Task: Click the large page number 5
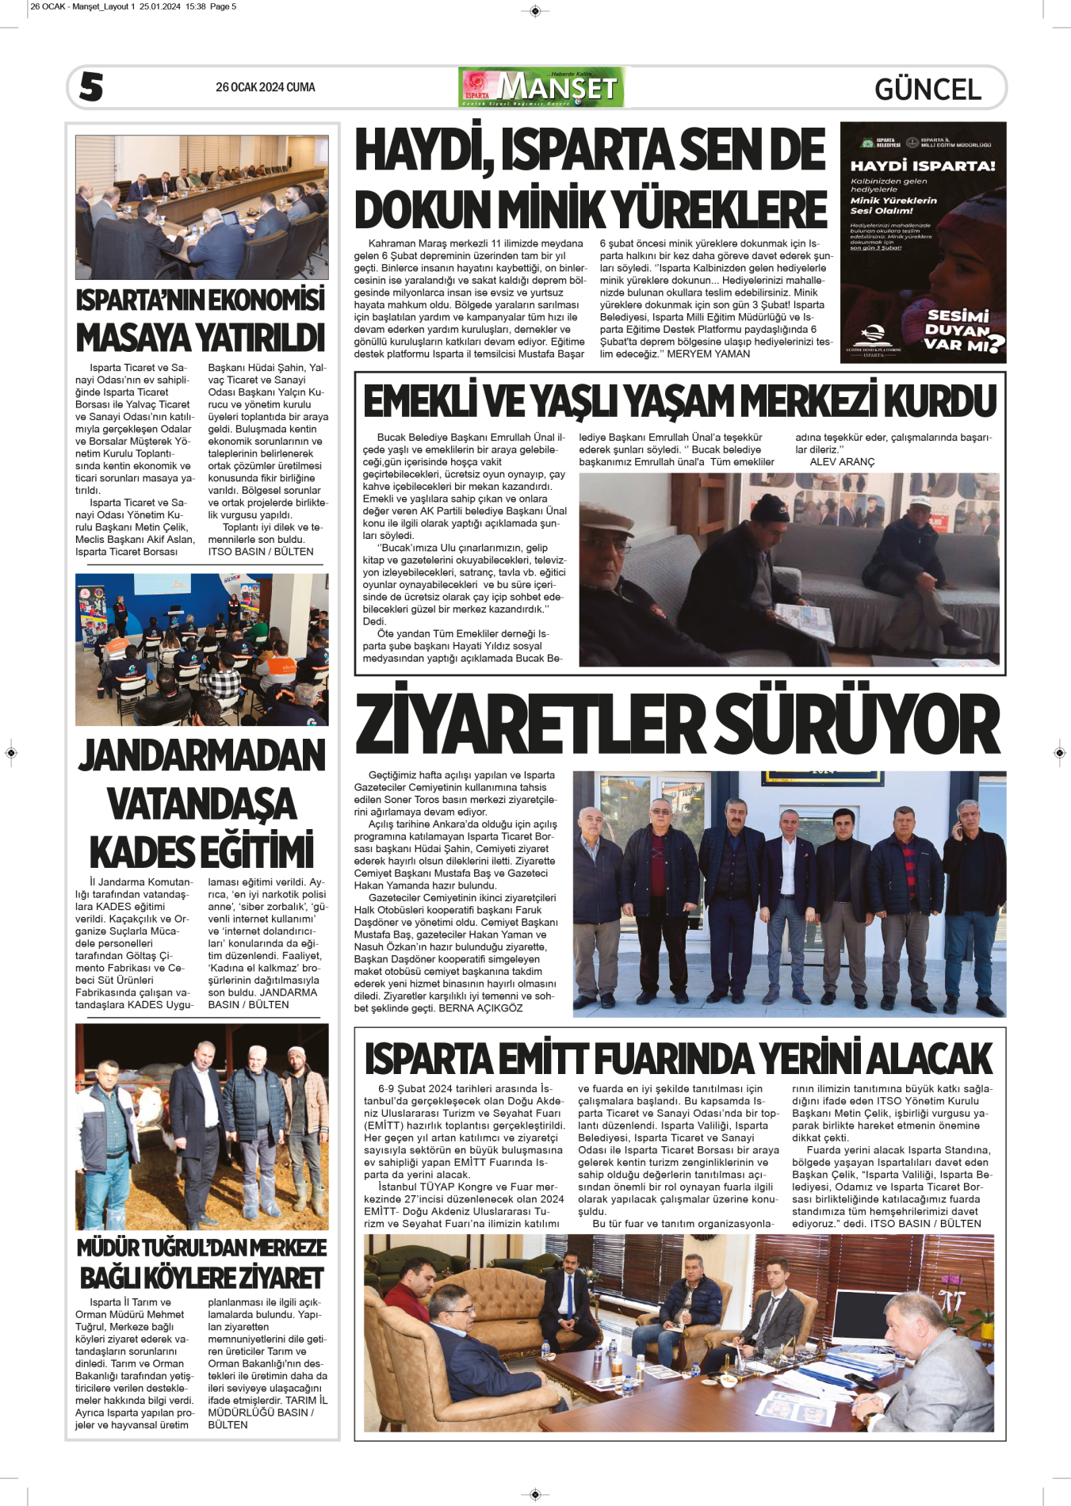[x=91, y=86]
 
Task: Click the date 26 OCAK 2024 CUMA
[x=265, y=87]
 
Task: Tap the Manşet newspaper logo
[x=542, y=87]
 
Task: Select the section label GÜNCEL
[x=928, y=89]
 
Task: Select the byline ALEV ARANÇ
[x=842, y=462]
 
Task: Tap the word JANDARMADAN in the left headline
[x=201, y=755]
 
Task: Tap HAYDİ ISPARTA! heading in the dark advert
[x=922, y=166]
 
